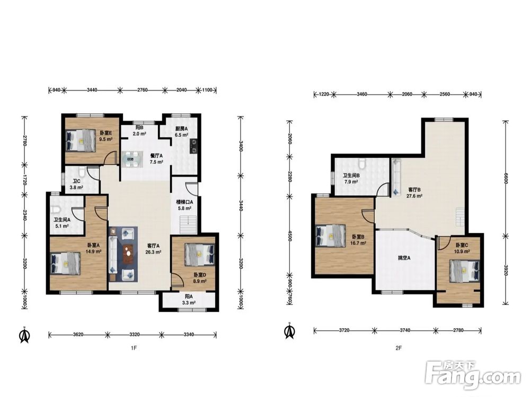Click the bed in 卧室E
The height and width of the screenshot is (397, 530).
tap(81, 140)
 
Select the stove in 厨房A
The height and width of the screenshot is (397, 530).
tap(194, 146)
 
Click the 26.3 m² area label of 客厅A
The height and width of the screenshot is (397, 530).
tap(153, 252)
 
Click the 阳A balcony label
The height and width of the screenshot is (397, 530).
tap(188, 297)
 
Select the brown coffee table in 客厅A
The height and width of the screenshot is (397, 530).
tap(128, 254)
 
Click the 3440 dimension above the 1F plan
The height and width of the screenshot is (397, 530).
tap(92, 90)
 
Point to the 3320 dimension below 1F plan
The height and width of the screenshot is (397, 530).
tap(135, 335)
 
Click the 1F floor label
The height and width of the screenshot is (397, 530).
tap(134, 348)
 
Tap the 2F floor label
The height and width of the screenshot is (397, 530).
tap(398, 348)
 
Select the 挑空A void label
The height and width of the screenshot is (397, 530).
tap(404, 258)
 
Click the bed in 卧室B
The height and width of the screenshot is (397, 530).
tap(331, 236)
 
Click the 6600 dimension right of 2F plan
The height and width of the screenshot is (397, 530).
tap(506, 178)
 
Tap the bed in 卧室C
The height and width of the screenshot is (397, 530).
tap(465, 270)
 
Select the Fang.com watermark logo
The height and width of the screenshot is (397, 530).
tap(473, 375)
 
